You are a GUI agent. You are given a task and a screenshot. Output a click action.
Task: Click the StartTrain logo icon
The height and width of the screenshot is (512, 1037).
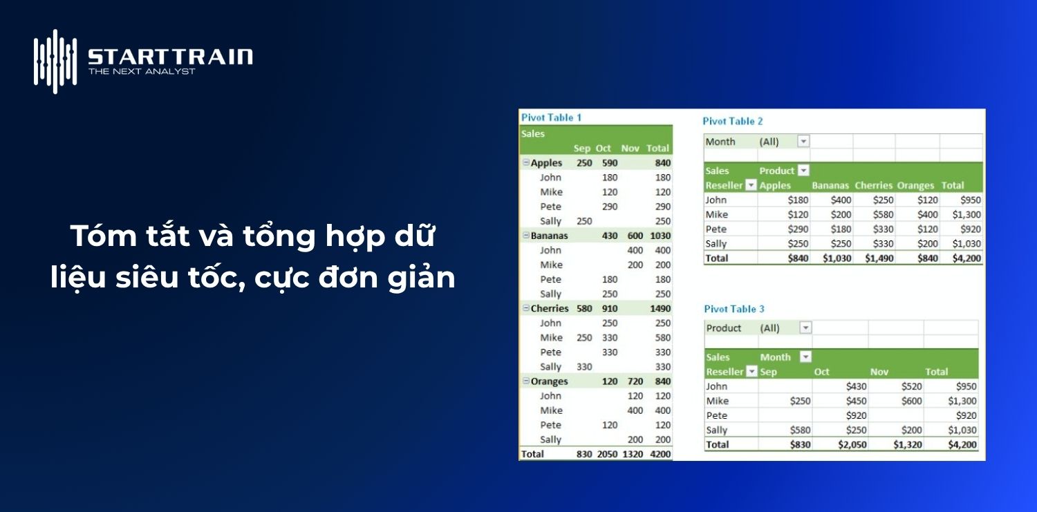pyautogui.click(x=55, y=61)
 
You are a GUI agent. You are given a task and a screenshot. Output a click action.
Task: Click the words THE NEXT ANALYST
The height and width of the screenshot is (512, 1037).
pyautogui.click(x=142, y=71)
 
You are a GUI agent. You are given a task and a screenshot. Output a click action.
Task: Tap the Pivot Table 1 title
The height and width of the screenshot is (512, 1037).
pyautogui.click(x=551, y=117)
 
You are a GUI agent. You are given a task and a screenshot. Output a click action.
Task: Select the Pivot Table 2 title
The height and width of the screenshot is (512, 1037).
pyautogui.click(x=733, y=121)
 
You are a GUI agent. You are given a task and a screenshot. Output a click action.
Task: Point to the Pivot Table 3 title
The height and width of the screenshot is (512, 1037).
pyautogui.click(x=734, y=309)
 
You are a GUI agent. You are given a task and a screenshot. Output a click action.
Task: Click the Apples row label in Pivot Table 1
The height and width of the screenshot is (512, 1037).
pyautogui.click(x=546, y=163)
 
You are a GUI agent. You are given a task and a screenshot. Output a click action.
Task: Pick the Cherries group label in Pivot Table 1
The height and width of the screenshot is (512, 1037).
pyautogui.click(x=550, y=308)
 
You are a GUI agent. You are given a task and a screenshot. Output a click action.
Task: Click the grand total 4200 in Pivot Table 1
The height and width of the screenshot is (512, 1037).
pyautogui.click(x=660, y=454)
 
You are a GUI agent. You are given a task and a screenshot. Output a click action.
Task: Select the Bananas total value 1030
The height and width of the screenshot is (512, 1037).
pyautogui.click(x=660, y=236)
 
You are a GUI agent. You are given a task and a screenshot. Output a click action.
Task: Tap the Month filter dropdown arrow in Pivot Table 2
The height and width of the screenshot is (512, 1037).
pyautogui.click(x=803, y=141)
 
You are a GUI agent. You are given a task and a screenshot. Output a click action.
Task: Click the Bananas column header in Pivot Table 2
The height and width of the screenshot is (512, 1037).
pyautogui.click(x=830, y=185)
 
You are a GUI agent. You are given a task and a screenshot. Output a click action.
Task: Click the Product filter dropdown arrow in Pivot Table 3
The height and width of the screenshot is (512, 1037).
pyautogui.click(x=805, y=328)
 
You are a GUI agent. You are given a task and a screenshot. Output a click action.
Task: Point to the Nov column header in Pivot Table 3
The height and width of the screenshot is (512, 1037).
pyautogui.click(x=879, y=372)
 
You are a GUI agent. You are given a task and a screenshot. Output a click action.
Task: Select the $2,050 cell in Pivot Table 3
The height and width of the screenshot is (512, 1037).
pyautogui.click(x=852, y=444)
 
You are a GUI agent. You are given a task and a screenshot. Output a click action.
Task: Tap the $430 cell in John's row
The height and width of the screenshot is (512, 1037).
pyautogui.click(x=856, y=386)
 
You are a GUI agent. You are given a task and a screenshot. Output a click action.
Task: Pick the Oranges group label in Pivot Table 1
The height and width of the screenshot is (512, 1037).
pyautogui.click(x=549, y=381)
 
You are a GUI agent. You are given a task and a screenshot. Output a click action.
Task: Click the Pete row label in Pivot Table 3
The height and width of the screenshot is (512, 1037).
pyautogui.click(x=717, y=415)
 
